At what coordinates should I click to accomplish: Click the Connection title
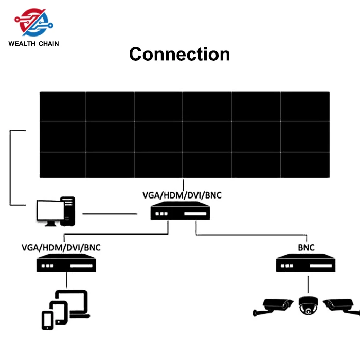coord(179,54)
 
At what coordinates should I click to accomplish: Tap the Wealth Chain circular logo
coord(34,23)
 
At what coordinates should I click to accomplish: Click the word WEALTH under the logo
coord(22,44)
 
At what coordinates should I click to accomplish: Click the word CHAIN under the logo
coord(49,44)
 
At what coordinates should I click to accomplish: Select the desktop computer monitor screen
coord(50,210)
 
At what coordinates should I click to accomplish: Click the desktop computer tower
coord(68,211)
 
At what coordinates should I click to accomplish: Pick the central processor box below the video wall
coord(180,211)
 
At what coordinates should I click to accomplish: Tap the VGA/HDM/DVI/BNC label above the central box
coord(182,195)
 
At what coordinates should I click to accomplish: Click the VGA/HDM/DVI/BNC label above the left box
coord(61,248)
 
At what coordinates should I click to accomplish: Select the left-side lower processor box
coord(66,263)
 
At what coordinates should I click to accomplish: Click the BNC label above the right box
coord(307,248)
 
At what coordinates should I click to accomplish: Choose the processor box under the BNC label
coord(305,263)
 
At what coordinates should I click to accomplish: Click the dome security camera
coord(308,306)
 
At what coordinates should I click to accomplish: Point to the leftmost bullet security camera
coord(273,307)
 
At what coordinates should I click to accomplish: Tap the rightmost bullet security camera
coord(341,307)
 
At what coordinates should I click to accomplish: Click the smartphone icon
coord(47,320)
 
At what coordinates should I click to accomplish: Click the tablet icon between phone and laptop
coord(59,313)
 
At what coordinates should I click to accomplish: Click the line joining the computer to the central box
coord(110,214)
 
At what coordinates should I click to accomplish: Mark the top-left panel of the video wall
coord(63,106)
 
